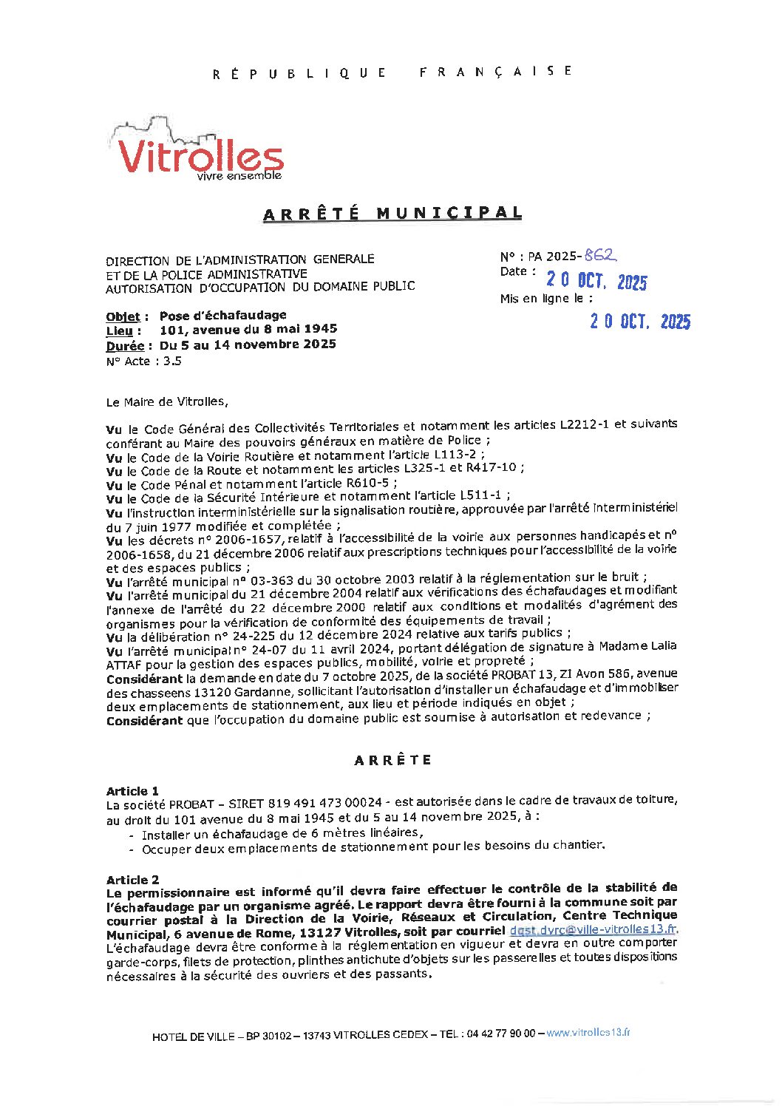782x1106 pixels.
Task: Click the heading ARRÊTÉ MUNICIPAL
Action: coord(392,214)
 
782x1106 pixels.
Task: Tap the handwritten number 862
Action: coord(599,255)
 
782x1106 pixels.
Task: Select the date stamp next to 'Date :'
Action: coord(596,281)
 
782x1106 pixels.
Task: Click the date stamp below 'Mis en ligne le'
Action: coord(640,321)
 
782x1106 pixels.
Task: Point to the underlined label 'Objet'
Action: coord(123,316)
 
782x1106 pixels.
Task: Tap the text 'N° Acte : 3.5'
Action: coord(143,361)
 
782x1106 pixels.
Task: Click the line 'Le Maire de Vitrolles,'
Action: coord(167,402)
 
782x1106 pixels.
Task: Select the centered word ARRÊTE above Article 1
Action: coord(392,760)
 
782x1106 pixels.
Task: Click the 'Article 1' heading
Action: coord(132,791)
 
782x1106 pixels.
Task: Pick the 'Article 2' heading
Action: coord(132,880)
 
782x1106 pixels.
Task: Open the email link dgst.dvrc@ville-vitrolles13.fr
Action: coord(593,930)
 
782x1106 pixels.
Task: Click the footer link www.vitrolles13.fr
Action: coord(588,1033)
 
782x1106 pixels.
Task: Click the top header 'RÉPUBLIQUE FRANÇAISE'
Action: coord(392,72)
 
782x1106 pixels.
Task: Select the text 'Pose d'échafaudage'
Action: coord(222,316)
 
